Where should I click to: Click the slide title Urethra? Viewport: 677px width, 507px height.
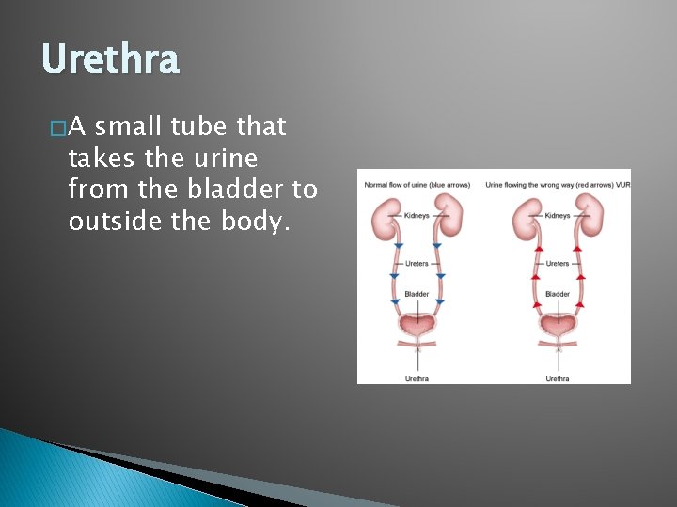coord(110,61)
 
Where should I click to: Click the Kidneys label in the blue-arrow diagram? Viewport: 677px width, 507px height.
coord(417,215)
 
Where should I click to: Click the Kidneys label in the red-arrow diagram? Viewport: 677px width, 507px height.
coord(558,215)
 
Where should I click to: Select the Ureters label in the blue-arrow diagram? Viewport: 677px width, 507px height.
coord(417,264)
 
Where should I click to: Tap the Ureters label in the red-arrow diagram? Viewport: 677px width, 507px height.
coord(558,264)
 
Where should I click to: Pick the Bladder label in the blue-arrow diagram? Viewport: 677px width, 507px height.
coord(417,294)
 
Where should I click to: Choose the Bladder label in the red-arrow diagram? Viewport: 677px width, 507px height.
coord(558,294)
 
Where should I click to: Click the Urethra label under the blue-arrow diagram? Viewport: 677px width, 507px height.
coord(417,378)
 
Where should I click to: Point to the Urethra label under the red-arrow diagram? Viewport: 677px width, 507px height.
coord(558,378)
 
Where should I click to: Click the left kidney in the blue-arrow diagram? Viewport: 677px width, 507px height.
coord(385,217)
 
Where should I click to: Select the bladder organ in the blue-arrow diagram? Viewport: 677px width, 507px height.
coord(417,325)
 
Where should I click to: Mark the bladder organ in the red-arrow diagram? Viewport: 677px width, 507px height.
coord(558,325)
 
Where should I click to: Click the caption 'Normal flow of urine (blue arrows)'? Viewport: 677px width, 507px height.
coord(417,185)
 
